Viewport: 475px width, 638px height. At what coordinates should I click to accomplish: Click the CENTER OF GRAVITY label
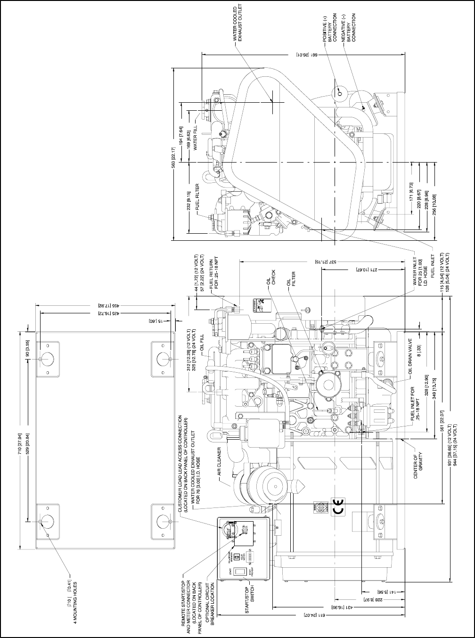[x=418, y=466]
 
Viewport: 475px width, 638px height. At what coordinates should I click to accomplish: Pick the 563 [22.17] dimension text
[x=174, y=155]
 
